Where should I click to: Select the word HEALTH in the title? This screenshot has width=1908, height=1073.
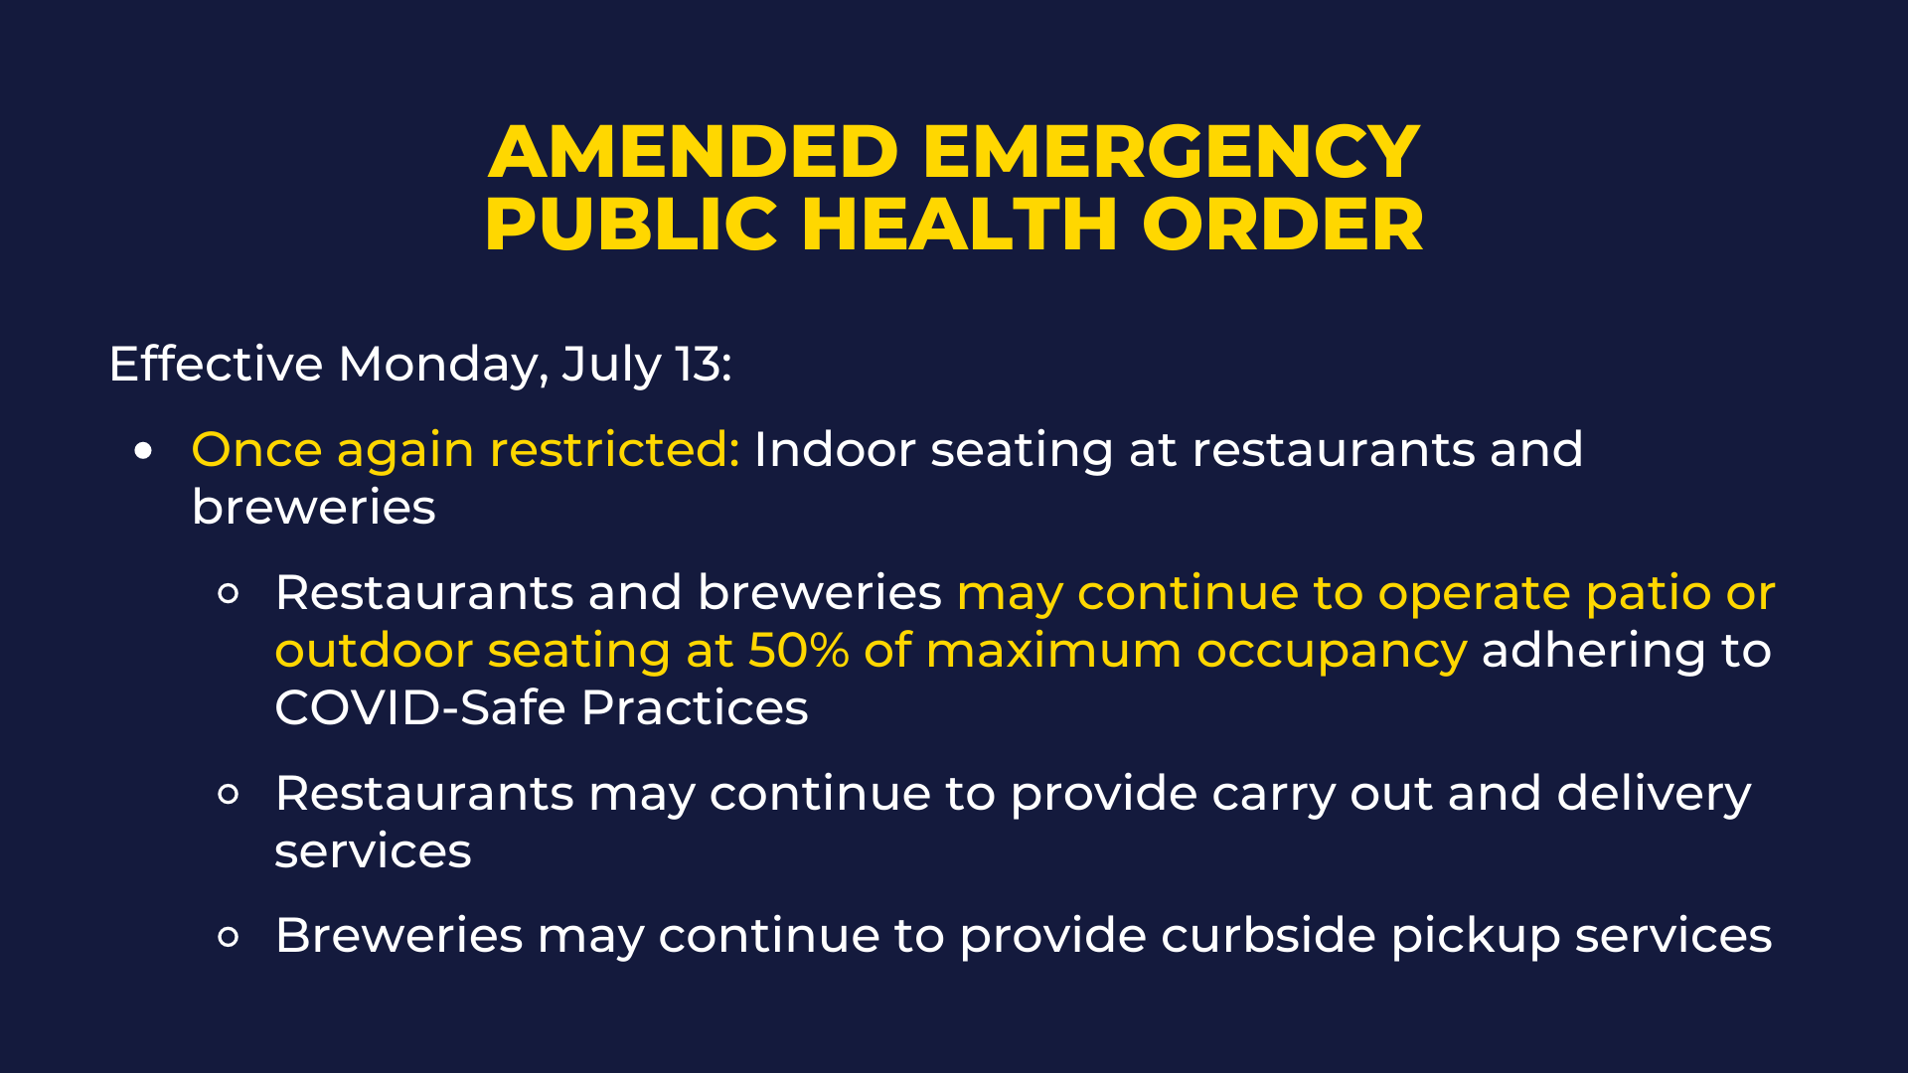[960, 224]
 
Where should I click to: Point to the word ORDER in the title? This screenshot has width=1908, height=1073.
[1283, 224]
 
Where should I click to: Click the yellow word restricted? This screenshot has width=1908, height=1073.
[615, 449]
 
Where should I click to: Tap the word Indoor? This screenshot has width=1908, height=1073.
[835, 449]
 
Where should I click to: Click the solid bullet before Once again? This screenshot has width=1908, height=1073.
[144, 451]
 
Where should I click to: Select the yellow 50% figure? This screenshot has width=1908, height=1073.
[799, 651]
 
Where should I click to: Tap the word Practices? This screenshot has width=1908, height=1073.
[695, 707]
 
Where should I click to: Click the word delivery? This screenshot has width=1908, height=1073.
[1654, 795]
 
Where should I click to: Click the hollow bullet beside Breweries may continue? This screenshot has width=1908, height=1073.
[229, 937]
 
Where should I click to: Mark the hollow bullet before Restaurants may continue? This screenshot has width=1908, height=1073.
[229, 795]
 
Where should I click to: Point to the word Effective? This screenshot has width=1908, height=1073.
[216, 364]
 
